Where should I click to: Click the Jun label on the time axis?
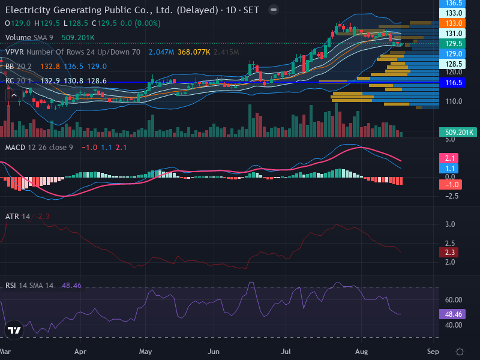(214, 352)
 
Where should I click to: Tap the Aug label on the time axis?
(362, 352)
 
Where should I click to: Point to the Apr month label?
(80, 352)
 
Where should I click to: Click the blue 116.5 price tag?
(452, 83)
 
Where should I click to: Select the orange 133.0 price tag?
(452, 23)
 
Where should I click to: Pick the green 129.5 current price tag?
(452, 43)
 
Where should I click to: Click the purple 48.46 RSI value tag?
(452, 314)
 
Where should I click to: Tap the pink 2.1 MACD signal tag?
(449, 158)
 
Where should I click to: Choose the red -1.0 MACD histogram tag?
(451, 185)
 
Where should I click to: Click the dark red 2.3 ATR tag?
(449, 253)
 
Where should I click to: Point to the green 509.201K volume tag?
(458, 132)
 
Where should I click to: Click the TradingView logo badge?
(14, 330)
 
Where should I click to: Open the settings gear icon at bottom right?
(460, 352)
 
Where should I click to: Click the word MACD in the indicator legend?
(16, 148)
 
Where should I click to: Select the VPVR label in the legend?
(14, 52)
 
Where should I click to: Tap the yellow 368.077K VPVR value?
(194, 52)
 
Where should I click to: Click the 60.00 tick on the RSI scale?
(454, 299)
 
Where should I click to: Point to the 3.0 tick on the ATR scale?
(450, 224)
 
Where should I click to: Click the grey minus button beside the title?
(274, 10)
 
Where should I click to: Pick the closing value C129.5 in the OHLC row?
(104, 23)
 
